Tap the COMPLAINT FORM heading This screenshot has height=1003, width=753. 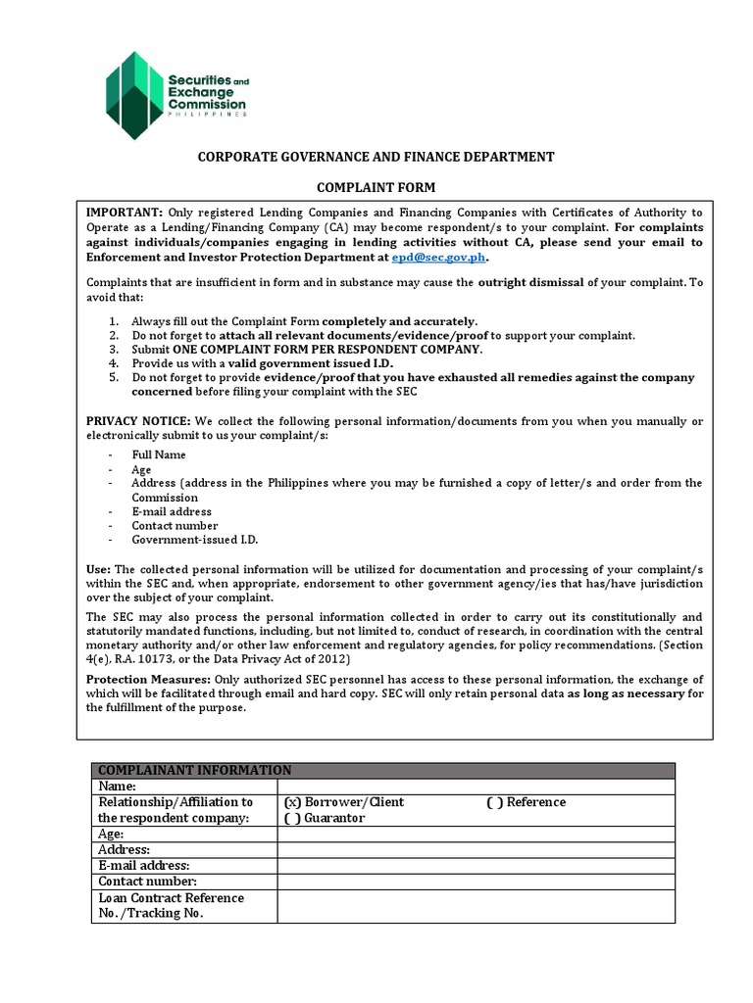[376, 187]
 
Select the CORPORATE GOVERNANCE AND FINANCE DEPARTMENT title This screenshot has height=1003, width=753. [376, 157]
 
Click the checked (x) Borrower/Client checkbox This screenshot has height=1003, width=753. [292, 802]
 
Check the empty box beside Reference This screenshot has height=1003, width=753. [494, 802]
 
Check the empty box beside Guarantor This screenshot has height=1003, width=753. [292, 818]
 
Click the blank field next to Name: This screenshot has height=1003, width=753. [477, 786]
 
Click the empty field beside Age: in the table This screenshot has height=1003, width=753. [477, 834]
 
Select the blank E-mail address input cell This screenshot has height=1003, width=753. [477, 866]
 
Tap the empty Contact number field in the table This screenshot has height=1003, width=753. [477, 882]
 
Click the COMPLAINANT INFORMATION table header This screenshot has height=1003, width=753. [194, 770]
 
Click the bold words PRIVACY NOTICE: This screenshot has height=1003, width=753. [138, 421]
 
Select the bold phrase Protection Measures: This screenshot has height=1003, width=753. [147, 680]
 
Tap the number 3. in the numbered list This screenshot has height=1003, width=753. [114, 350]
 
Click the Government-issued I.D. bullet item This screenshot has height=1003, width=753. [195, 540]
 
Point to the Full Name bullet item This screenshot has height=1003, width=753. [159, 454]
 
